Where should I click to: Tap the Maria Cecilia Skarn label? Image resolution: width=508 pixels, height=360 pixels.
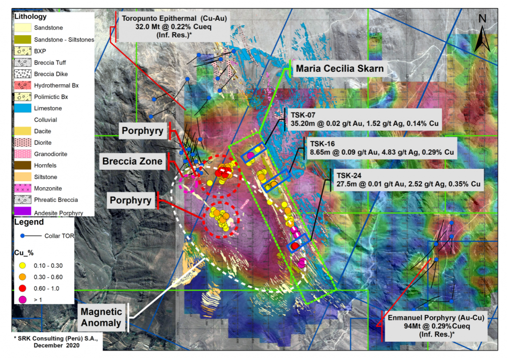[x=339, y=69]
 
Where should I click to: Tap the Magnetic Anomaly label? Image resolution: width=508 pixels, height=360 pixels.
[x=102, y=317]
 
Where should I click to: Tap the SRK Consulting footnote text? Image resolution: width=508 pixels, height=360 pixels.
[x=46, y=342]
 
